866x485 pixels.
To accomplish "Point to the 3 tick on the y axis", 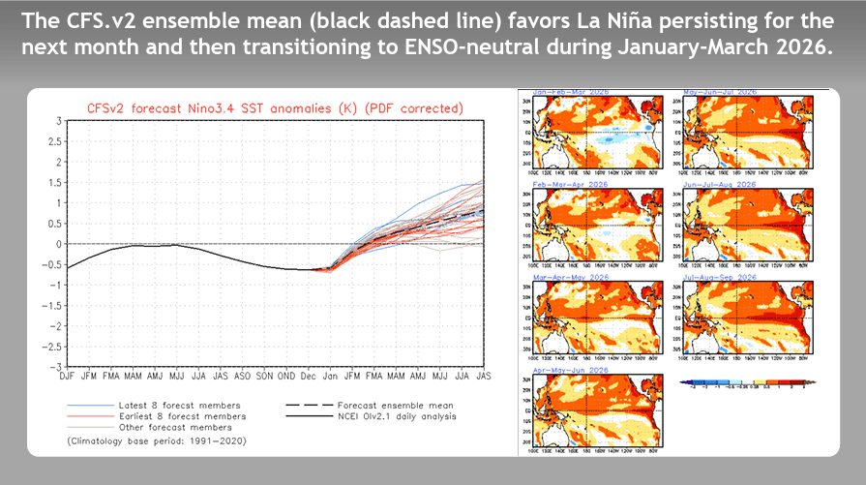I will point(58,121).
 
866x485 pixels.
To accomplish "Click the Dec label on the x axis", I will point(308,377).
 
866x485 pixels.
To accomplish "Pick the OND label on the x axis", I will point(285,377).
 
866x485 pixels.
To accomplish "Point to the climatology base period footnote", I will point(155,440).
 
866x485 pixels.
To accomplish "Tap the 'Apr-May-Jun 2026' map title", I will point(570,370).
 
